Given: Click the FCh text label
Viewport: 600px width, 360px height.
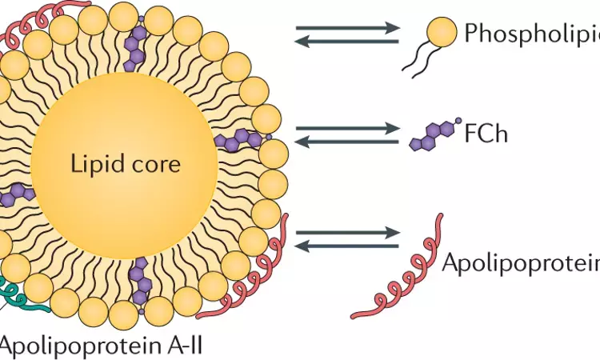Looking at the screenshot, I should coord(486,133).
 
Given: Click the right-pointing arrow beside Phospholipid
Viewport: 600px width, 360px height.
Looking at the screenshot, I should coord(347,28).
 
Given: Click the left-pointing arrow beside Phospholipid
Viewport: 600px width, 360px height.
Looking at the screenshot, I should coord(347,42).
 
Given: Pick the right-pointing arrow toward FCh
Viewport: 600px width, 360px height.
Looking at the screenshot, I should coord(347,128).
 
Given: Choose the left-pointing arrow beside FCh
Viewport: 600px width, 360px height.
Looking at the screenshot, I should coord(347,142).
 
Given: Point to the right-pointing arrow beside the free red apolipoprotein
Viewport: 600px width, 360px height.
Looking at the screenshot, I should coord(347,232).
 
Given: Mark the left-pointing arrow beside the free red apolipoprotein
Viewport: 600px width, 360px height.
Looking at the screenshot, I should coord(347,246).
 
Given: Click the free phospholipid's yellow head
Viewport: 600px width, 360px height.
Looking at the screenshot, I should coord(442,33).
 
